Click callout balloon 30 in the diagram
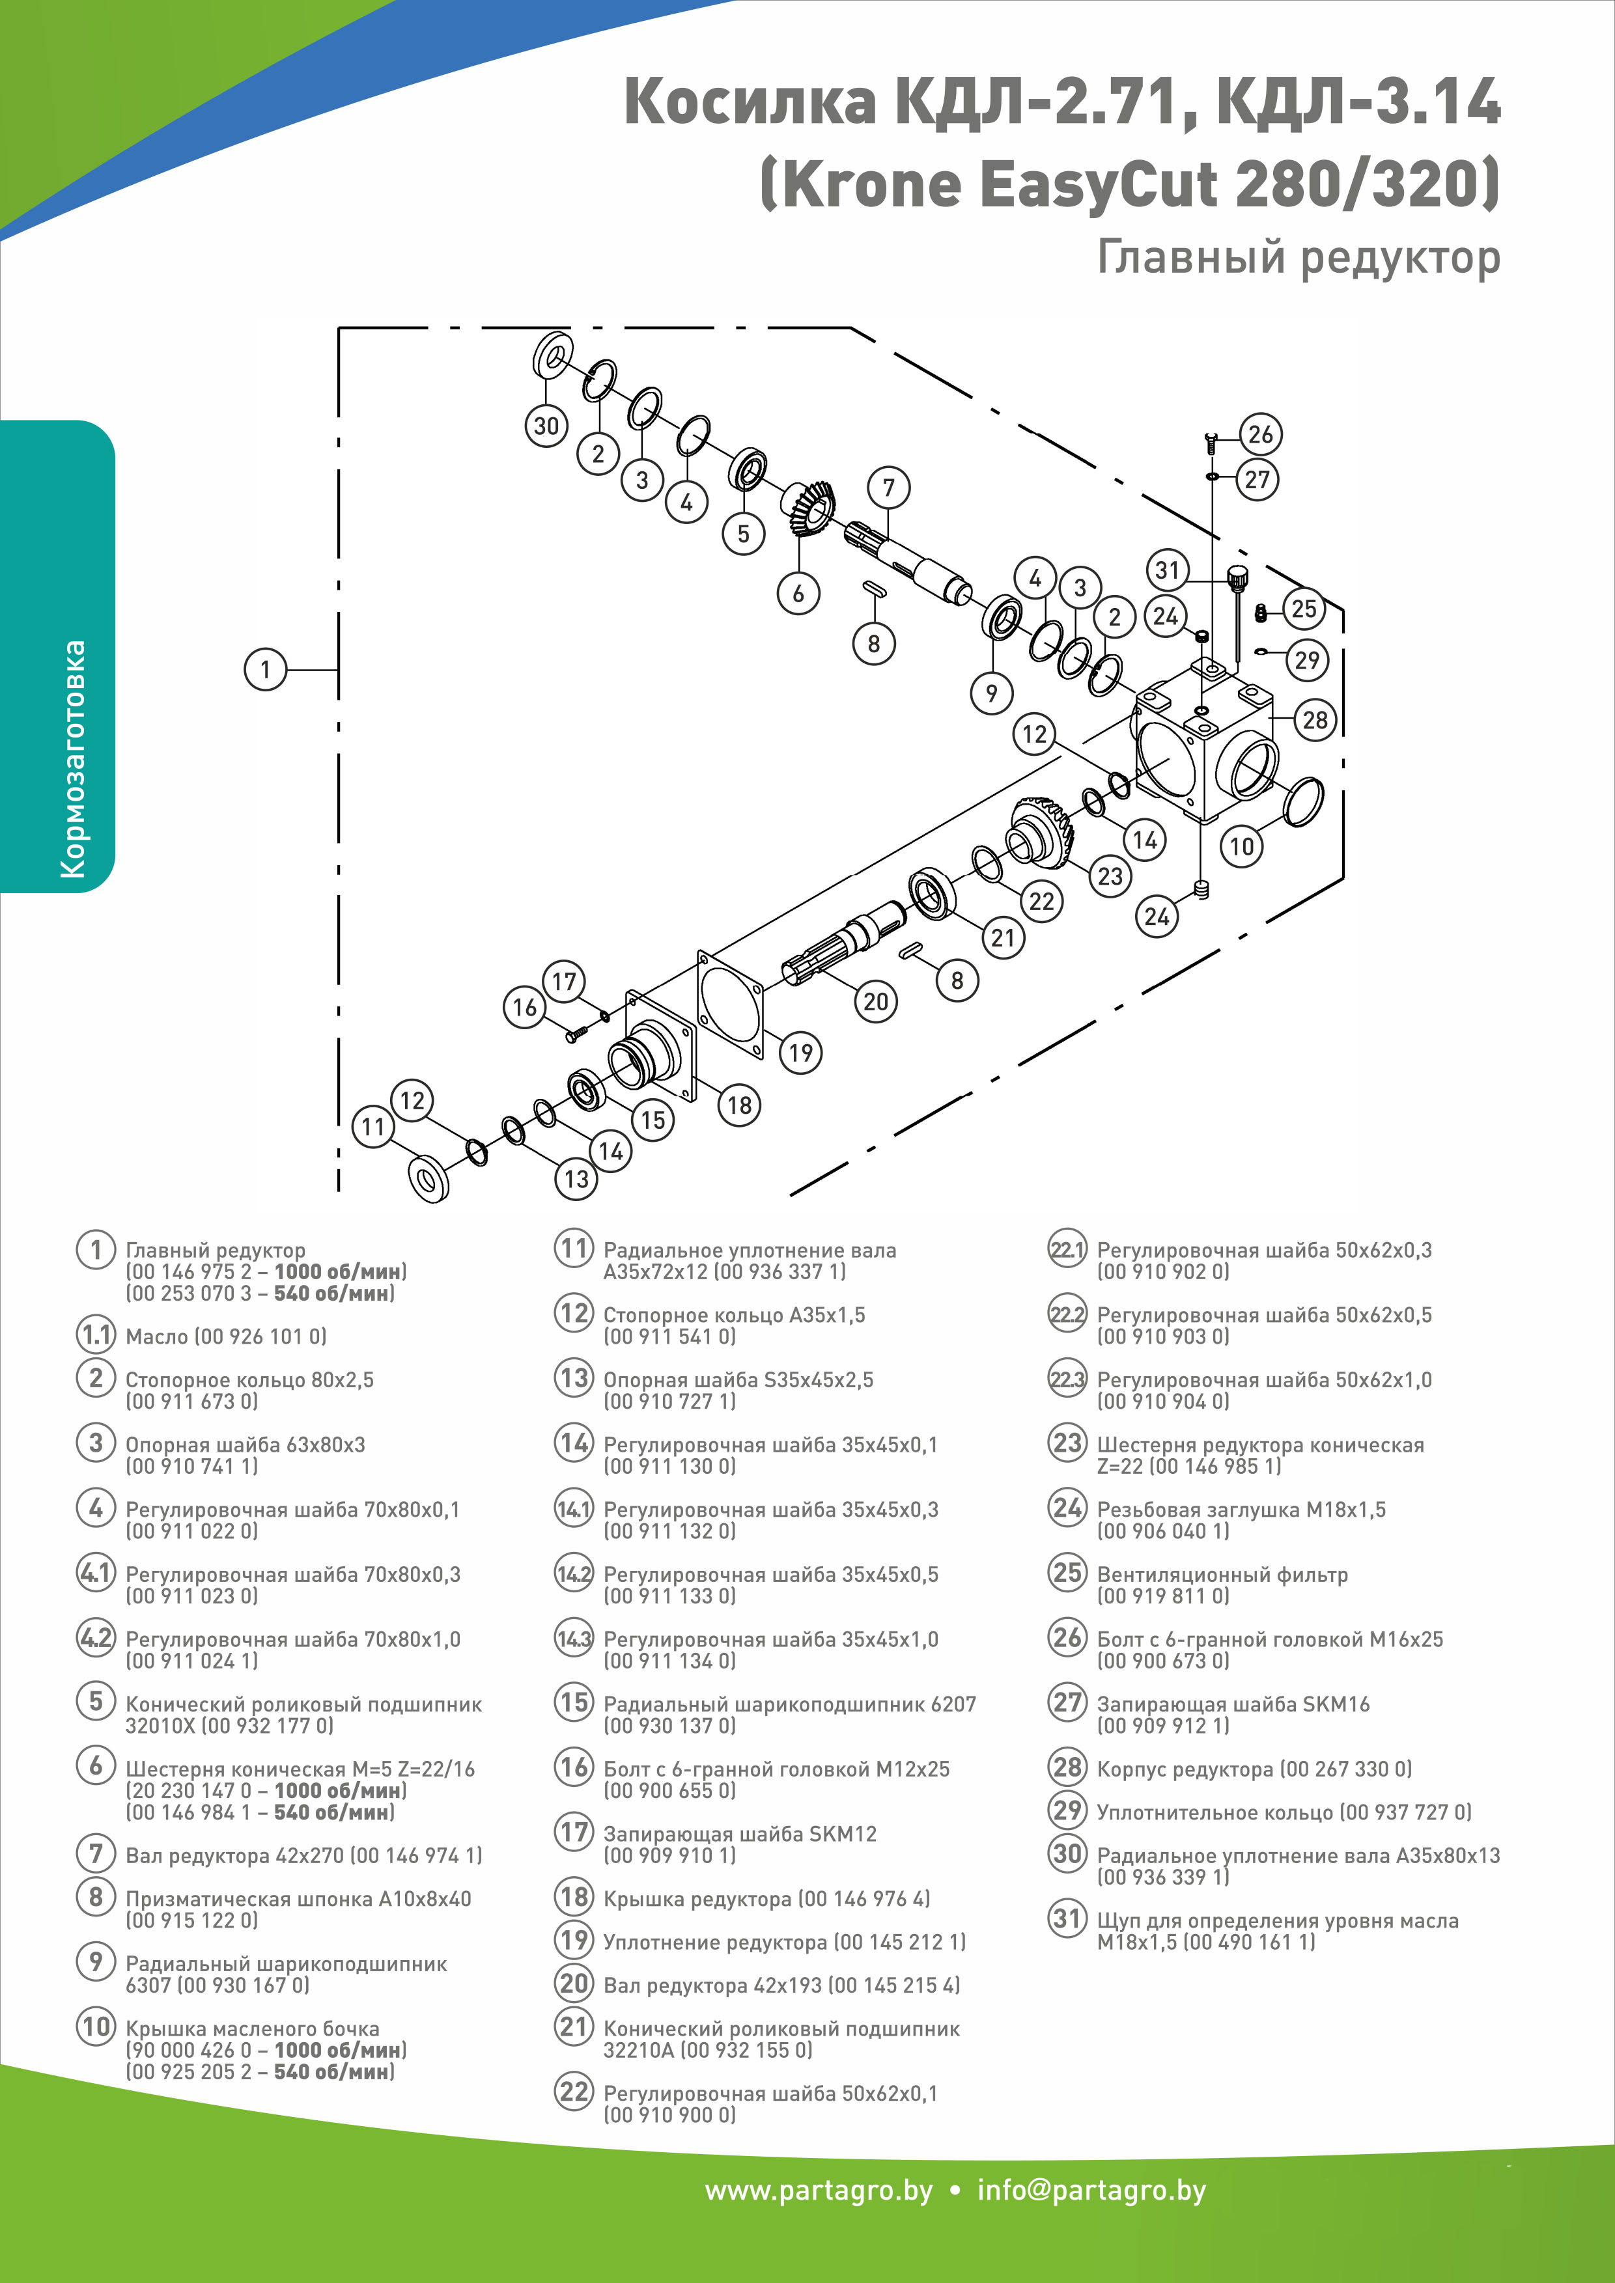546,426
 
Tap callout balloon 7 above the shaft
888,487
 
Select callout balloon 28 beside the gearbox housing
1315,720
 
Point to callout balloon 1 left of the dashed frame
264,669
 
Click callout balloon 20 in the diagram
875,1001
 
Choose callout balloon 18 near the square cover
739,1105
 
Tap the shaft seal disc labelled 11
428,1180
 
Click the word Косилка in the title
751,102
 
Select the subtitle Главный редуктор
1298,258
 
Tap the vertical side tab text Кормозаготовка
72,758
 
